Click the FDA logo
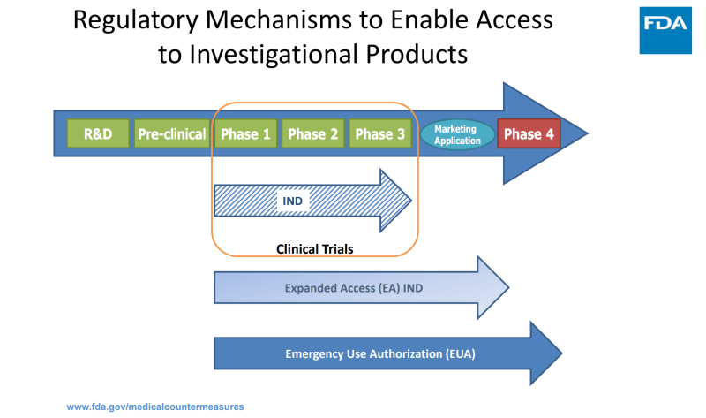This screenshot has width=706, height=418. point(665,27)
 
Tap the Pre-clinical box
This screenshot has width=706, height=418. point(171,134)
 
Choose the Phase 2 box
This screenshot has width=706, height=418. point(313,134)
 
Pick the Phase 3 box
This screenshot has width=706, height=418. point(380,134)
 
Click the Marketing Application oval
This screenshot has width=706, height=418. point(457,134)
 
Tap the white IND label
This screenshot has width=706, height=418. point(292,201)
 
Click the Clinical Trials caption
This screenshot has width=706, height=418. point(314,249)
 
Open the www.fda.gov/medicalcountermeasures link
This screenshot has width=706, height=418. point(155,407)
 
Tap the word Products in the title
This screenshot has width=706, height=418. point(417,55)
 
